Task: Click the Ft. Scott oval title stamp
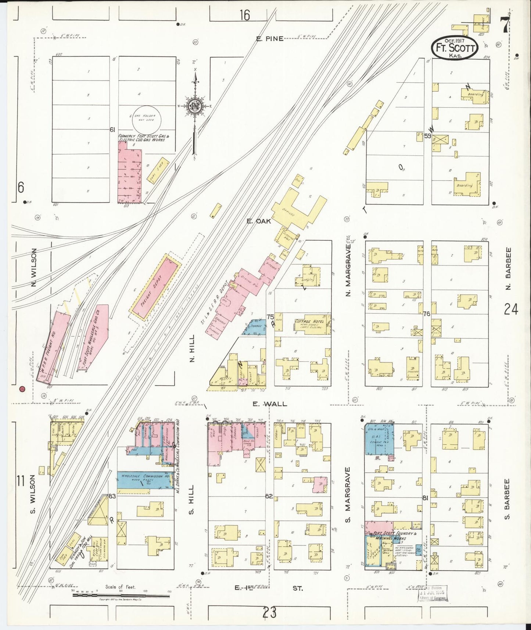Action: coord(455,47)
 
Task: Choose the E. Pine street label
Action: coord(270,39)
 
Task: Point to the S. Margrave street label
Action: coord(348,494)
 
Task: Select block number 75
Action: coord(270,317)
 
